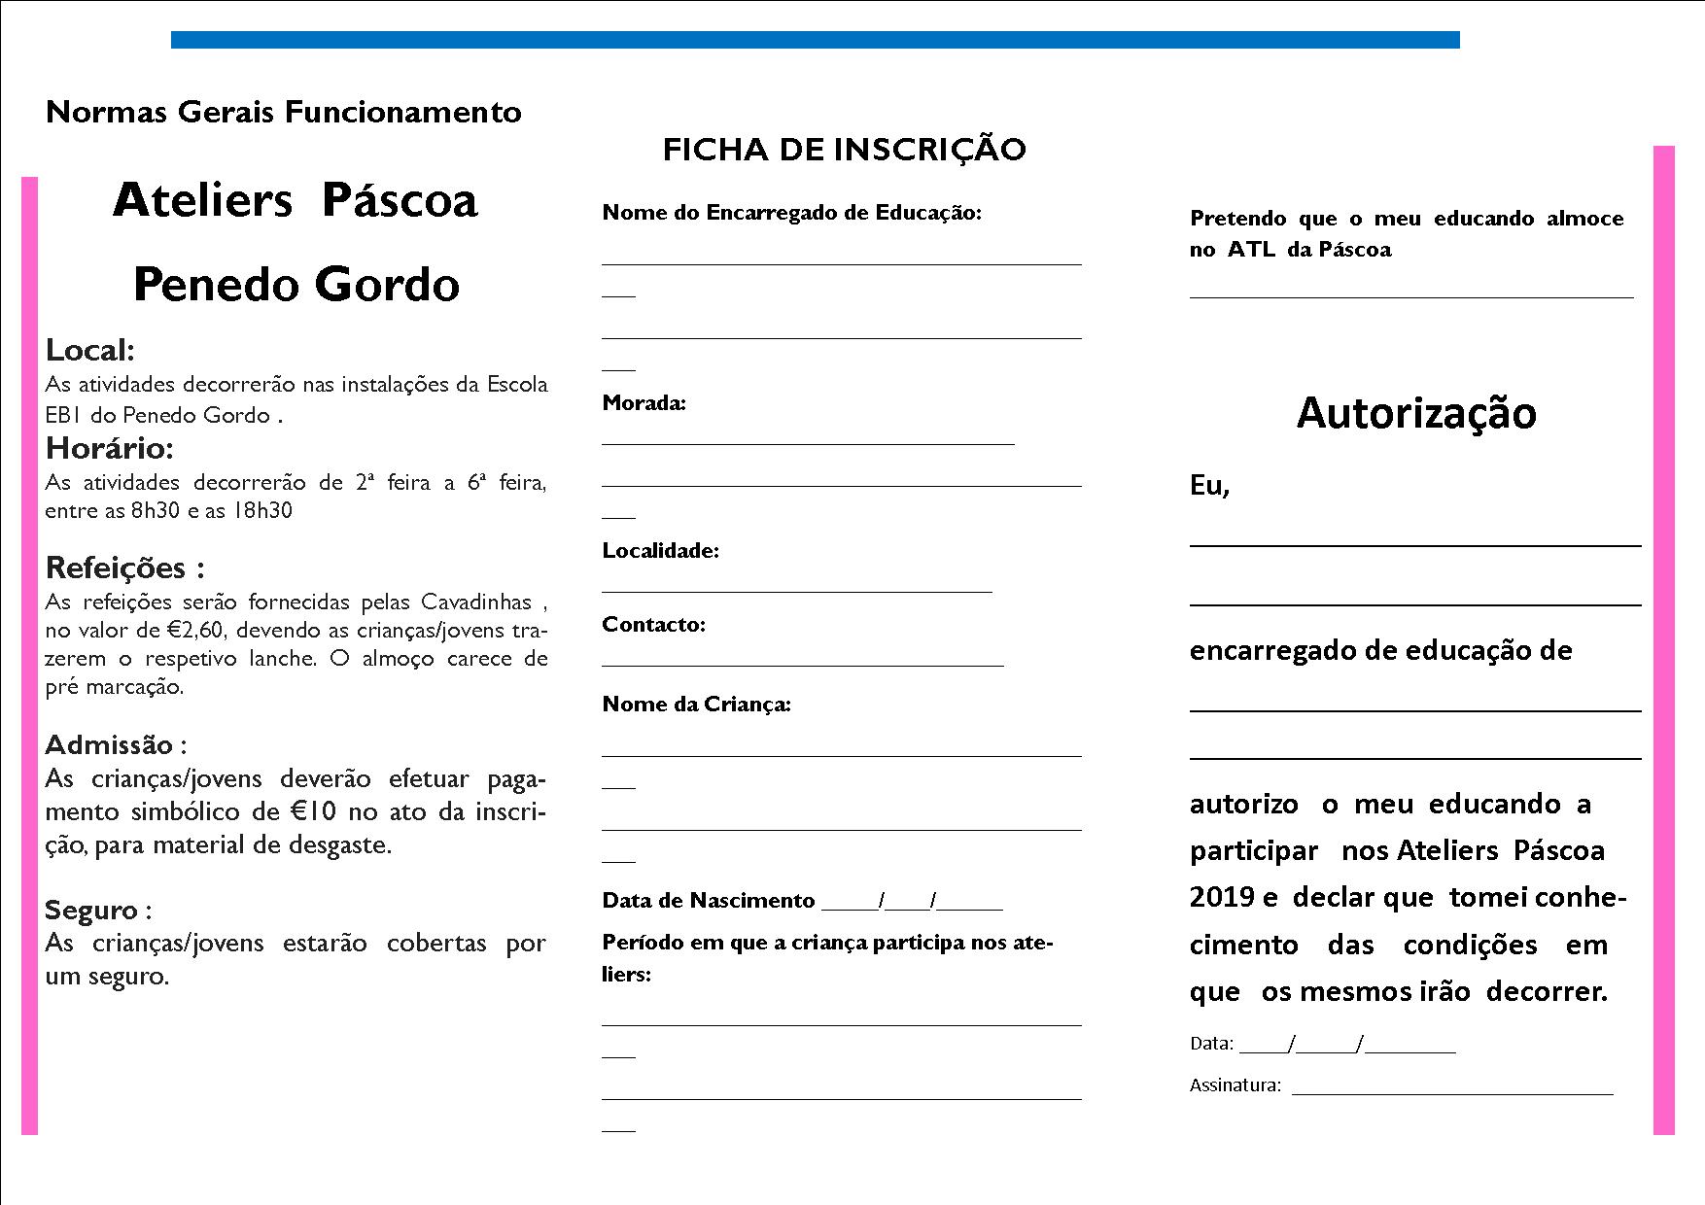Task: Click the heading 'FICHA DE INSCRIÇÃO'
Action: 844,150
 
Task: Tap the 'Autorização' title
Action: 1415,413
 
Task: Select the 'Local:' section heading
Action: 90,350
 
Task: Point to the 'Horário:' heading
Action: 110,448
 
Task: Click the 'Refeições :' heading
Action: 125,568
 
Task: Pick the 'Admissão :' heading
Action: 116,745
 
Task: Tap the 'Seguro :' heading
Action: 98,911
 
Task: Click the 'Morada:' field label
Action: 644,403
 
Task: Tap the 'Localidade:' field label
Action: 660,551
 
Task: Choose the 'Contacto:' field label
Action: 653,625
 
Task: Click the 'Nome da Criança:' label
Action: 696,705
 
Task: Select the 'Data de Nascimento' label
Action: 708,901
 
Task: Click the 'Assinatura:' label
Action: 1235,1085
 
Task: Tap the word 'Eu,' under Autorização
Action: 1209,486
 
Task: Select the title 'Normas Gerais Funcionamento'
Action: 283,113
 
